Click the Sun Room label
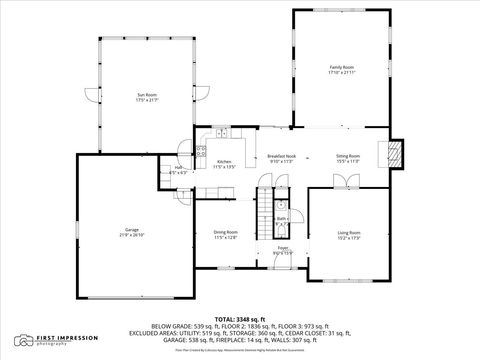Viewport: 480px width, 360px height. (x=147, y=97)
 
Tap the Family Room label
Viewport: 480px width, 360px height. (x=342, y=70)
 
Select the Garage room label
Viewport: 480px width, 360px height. (x=131, y=231)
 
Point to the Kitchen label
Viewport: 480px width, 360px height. (x=225, y=164)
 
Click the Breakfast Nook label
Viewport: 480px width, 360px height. (x=281, y=157)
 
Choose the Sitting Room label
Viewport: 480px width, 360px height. (x=348, y=157)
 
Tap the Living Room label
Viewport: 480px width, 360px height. (x=349, y=235)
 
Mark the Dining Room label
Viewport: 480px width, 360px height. (x=225, y=235)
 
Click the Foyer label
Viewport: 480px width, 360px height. (x=283, y=250)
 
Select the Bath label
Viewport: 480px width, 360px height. (x=283, y=220)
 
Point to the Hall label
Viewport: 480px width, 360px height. (x=178, y=170)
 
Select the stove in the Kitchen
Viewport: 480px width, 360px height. (x=201, y=152)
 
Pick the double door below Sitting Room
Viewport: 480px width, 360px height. (x=344, y=181)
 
